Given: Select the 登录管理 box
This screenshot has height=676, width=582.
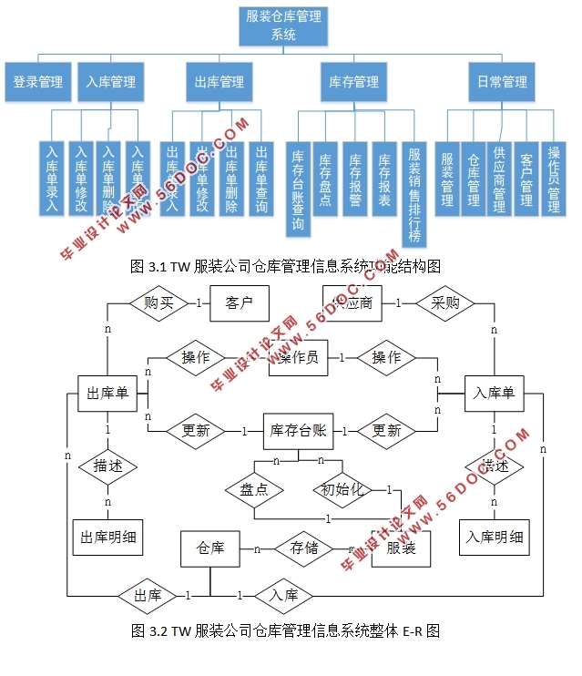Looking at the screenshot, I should pos(36,82).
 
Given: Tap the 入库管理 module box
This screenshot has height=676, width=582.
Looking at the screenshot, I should pos(110,82).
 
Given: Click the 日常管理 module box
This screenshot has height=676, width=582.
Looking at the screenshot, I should pos(502,82).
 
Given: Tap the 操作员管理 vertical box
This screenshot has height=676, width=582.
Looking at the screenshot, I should pos(553,179).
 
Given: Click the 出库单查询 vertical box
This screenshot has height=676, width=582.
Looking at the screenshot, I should pos(261,179).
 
